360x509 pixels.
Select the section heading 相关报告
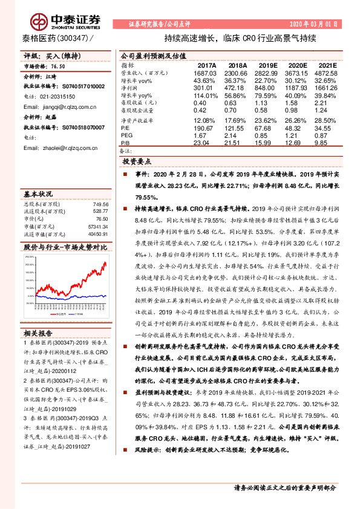(x=39, y=332)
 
